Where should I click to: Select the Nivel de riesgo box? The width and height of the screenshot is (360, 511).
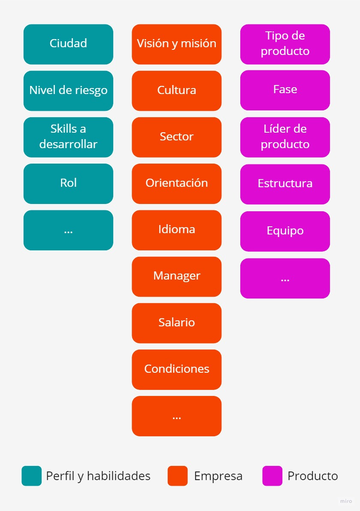coord(68,91)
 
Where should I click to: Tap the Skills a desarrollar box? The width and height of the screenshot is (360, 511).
coord(68,137)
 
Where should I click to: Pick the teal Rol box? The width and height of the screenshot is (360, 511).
coord(68,183)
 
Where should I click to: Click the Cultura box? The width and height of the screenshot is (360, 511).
coord(176,91)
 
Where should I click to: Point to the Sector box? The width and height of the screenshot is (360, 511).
coord(176,137)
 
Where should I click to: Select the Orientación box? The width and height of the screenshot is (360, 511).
coord(176,183)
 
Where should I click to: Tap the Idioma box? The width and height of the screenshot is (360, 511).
coord(176,230)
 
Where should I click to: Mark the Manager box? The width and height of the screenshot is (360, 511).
coord(176,276)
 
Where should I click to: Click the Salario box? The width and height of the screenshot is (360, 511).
coord(176,323)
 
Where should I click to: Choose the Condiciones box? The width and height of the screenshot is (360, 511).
coord(176,369)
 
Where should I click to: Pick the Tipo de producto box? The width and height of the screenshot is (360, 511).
coord(285,44)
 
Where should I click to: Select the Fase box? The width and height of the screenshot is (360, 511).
coord(285,90)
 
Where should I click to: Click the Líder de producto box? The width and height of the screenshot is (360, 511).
coord(285,137)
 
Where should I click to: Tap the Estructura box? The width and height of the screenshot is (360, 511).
coord(285,184)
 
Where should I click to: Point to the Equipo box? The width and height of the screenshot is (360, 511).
coord(285,231)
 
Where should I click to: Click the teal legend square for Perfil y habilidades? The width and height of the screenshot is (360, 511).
coord(32,476)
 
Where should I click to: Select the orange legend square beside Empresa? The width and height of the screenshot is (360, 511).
coord(178,476)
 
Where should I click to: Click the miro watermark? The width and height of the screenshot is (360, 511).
coord(346,501)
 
